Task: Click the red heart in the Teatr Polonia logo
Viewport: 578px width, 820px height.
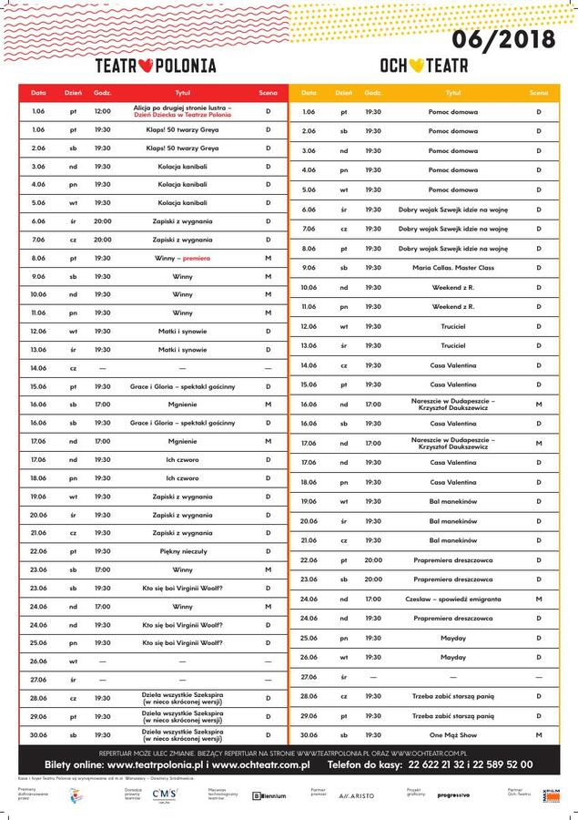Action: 156,66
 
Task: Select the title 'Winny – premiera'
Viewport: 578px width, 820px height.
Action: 183,258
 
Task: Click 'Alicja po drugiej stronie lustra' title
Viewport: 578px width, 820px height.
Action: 182,108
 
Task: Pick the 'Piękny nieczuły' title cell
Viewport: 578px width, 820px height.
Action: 182,551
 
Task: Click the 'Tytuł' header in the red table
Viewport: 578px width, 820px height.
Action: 182,93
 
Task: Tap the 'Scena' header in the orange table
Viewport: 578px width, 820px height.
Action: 539,93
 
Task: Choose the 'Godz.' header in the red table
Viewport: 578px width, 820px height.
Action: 103,93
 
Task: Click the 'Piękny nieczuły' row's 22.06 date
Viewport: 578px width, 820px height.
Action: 38,551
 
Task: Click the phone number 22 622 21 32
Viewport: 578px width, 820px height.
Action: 428,765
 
